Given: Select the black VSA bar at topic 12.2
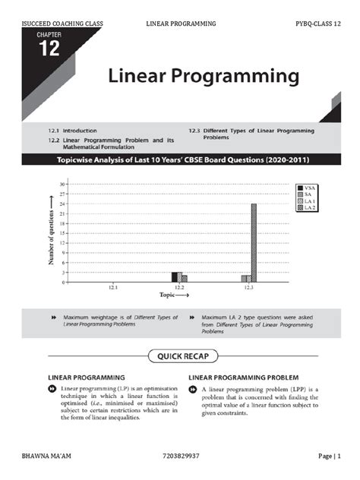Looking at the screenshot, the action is pos(174,276).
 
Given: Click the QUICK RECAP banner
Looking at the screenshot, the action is pos(179,355).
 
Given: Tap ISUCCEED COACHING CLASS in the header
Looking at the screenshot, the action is pos(58,24).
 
